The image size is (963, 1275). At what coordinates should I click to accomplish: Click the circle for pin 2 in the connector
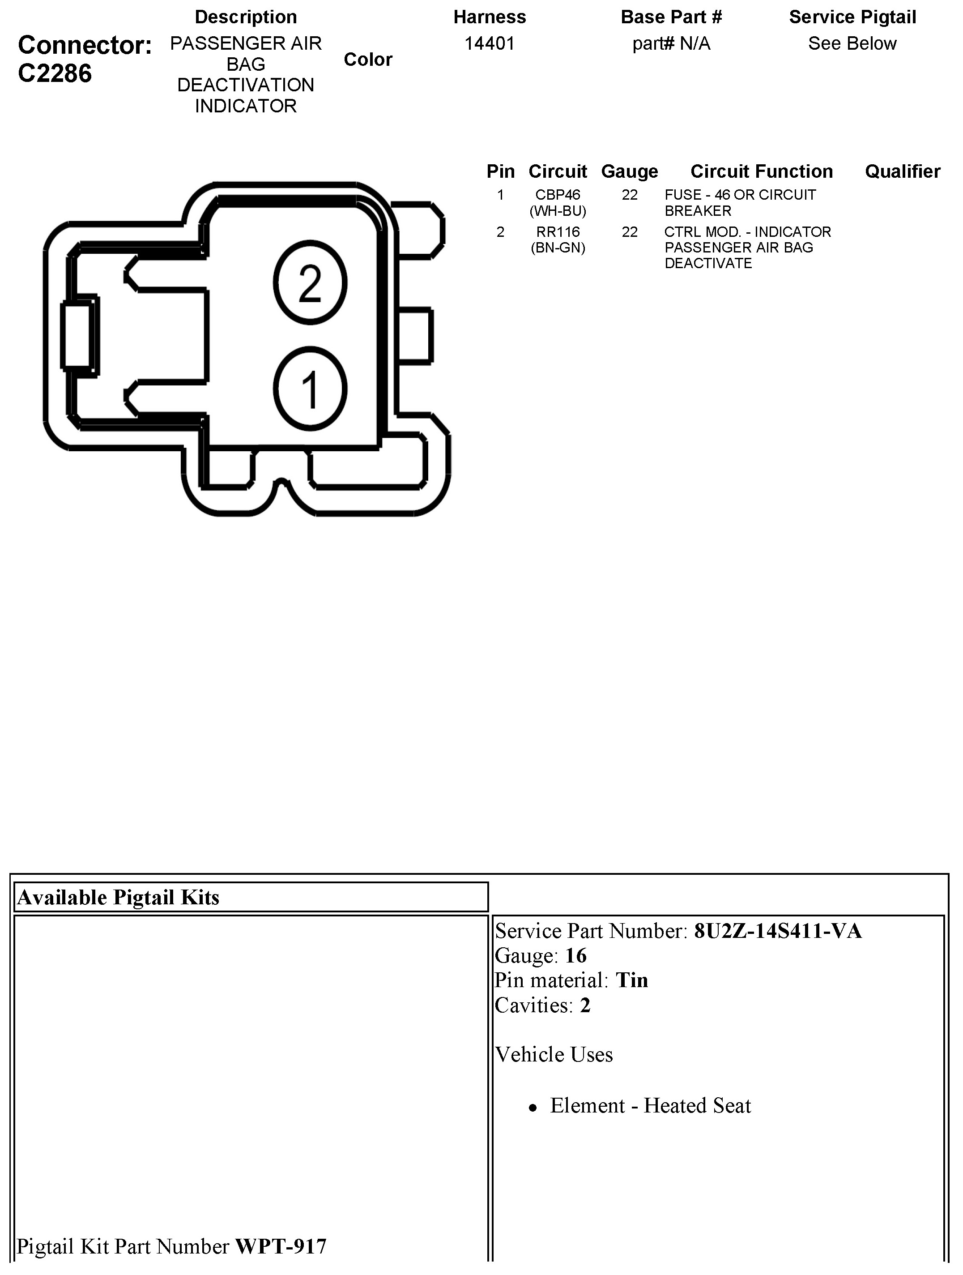[x=310, y=282]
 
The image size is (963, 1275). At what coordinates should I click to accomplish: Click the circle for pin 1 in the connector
[x=310, y=388]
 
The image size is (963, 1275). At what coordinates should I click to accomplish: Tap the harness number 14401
[x=489, y=43]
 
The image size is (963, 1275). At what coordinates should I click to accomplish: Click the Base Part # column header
[x=671, y=17]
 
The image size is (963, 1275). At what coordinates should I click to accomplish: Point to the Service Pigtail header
[x=852, y=17]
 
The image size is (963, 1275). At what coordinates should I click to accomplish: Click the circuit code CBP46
[x=557, y=195]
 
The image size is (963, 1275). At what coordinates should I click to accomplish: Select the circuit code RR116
[x=557, y=232]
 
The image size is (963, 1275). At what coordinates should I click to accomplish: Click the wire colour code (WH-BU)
[x=557, y=211]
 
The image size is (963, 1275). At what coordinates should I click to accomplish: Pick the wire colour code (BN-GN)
[x=557, y=248]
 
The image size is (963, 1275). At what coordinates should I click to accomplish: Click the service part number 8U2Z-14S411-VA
[x=777, y=931]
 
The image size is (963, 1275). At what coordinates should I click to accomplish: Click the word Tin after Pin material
[x=631, y=980]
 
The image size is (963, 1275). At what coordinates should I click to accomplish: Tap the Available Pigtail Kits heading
[x=118, y=898]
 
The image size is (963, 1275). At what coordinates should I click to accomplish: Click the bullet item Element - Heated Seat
[x=650, y=1105]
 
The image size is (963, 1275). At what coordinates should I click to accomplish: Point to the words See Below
[x=852, y=43]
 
